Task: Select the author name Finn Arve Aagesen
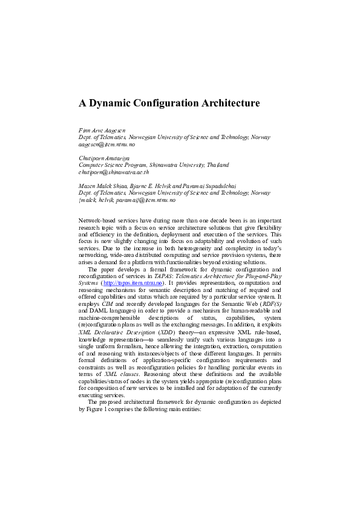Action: coord(102,130)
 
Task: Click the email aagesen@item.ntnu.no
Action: coord(107,145)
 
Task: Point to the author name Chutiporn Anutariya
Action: coord(105,157)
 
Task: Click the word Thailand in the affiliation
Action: coord(217,164)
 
